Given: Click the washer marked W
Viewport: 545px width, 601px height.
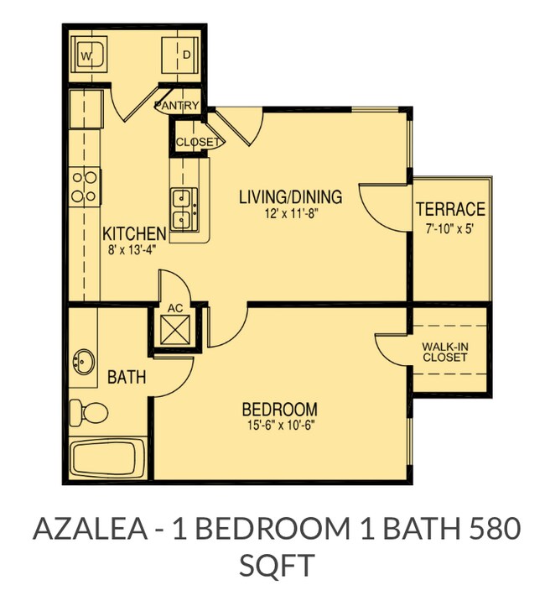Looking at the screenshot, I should (x=88, y=57).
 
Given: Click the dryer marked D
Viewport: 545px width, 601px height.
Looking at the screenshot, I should (x=182, y=56).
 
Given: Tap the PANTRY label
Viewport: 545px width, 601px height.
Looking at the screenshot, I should (x=178, y=106).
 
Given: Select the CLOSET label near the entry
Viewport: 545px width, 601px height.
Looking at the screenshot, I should (x=198, y=142).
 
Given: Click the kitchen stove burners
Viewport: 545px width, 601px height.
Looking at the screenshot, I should (x=84, y=186).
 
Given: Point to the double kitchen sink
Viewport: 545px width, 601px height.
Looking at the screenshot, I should (x=184, y=209).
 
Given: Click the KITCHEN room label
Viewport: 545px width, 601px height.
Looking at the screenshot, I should (x=134, y=233).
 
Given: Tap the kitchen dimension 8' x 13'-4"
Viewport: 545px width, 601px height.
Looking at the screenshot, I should (x=134, y=248).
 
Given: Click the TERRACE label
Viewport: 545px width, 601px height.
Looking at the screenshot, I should (x=450, y=209).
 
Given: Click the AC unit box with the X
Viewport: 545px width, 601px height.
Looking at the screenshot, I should (x=176, y=329).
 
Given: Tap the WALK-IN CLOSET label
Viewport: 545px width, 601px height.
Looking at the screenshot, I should (x=444, y=350).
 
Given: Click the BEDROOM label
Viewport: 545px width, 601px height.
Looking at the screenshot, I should (x=279, y=410).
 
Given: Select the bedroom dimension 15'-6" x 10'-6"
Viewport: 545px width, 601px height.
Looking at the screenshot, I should (x=279, y=425).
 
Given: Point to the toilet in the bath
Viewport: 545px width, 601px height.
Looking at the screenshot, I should (x=88, y=411).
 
